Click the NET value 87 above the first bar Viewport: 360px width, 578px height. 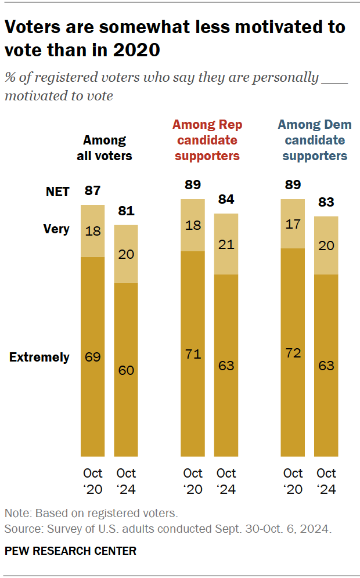pyautogui.click(x=92, y=191)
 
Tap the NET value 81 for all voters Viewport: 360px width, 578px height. pyautogui.click(x=125, y=211)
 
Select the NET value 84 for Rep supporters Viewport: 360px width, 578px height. pyautogui.click(x=226, y=200)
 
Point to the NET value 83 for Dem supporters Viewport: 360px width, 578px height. pyautogui.click(x=326, y=203)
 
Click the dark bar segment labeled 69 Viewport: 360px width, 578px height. pyautogui.click(x=92, y=356)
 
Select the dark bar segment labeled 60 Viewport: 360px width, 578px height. pyautogui.click(x=125, y=370)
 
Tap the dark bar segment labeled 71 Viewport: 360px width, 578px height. pyautogui.click(x=193, y=353)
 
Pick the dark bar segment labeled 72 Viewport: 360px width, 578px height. pyautogui.click(x=293, y=352)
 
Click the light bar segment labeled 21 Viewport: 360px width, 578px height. pyautogui.click(x=226, y=244)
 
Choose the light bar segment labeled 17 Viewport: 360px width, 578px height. pyautogui.click(x=293, y=223)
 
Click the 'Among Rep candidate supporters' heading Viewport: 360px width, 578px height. pyautogui.click(x=207, y=140)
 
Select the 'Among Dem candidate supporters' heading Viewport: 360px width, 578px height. pyautogui.click(x=315, y=140)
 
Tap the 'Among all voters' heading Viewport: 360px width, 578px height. pyautogui.click(x=105, y=148)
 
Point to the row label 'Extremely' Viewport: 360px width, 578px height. pyautogui.click(x=39, y=357)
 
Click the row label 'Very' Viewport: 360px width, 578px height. pyautogui.click(x=56, y=229)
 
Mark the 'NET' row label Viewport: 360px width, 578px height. pyautogui.click(x=57, y=192)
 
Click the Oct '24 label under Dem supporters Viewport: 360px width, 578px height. pyautogui.click(x=326, y=481)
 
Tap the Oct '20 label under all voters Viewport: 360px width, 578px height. pyautogui.click(x=92, y=481)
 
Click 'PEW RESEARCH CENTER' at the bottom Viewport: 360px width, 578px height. pyautogui.click(x=71, y=551)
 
